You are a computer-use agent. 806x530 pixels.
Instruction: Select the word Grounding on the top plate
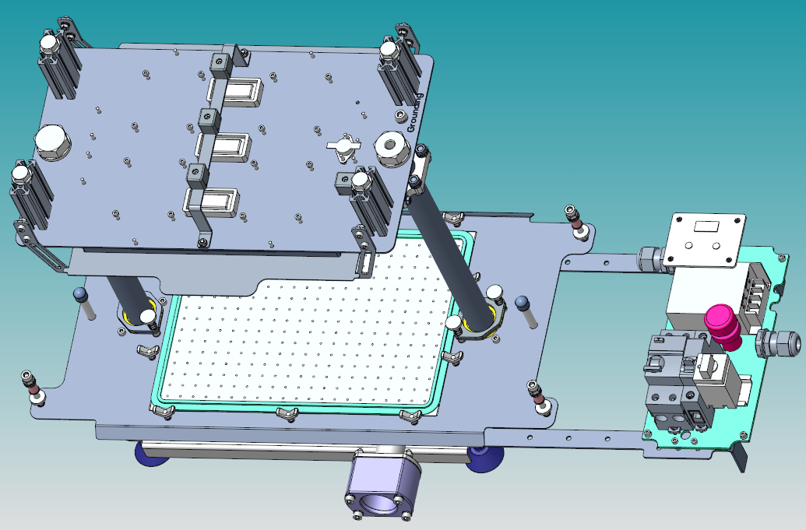414,113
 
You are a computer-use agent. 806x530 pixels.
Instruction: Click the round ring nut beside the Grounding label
392,149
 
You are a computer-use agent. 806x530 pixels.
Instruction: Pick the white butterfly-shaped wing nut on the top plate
343,144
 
